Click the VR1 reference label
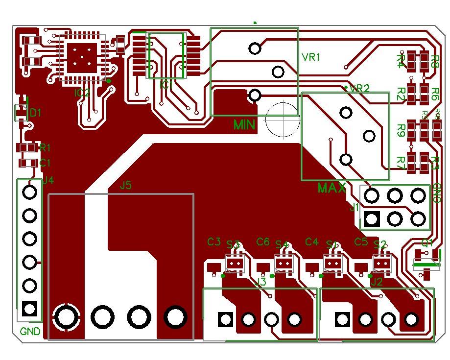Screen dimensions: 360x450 tap(311, 57)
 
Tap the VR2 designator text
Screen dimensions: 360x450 tap(360, 88)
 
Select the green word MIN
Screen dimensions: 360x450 tap(244, 125)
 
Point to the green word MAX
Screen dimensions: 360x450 tap(332, 188)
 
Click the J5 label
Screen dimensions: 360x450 tap(126, 185)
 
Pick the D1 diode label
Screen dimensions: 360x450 tap(36, 113)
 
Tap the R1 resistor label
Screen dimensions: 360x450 tap(45, 147)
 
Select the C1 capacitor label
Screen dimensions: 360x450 tap(45, 162)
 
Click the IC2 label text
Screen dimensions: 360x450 tap(82, 93)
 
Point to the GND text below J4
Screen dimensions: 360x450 tap(30, 331)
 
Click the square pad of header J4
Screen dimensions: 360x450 tap(30, 309)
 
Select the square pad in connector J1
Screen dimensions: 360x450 tap(372, 218)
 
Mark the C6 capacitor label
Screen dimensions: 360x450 tap(263, 241)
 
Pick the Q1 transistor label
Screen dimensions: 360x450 tap(426, 242)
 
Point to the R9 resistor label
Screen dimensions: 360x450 tap(400, 131)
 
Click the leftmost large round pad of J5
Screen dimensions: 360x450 tap(66, 317)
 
